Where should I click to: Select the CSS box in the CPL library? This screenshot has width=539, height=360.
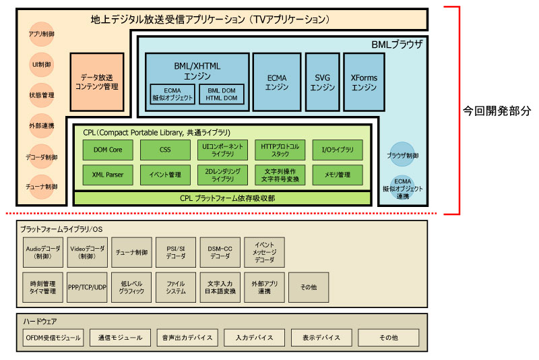(165, 149)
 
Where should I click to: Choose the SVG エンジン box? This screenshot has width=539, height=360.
(323, 82)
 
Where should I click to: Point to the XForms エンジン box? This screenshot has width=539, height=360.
(364, 82)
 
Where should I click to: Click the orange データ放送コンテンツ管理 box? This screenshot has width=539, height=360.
(97, 82)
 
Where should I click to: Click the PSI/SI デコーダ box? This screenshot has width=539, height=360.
(175, 252)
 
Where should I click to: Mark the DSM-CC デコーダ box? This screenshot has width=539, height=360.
(219, 252)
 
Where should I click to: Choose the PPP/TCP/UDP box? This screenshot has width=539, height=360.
(87, 287)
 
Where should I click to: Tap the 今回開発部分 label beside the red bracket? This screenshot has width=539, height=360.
(497, 109)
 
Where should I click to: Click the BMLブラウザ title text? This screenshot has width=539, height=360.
(397, 44)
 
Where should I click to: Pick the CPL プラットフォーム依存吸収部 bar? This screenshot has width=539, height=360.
(222, 198)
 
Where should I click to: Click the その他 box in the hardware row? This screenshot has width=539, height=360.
(388, 337)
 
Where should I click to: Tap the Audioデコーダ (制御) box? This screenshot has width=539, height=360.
(42, 252)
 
